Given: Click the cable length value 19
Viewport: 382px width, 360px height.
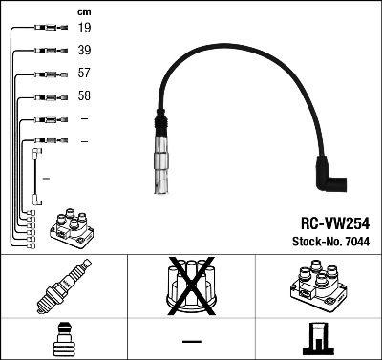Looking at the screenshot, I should [x=84, y=28].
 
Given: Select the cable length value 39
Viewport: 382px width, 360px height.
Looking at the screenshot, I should [x=84, y=50].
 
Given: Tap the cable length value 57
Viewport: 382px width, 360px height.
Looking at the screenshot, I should [x=84, y=73].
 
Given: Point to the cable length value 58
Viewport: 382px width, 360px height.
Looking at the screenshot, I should [x=84, y=96].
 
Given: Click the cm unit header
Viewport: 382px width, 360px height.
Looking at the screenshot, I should [x=84, y=12].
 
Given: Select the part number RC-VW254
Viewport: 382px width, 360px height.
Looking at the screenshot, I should [x=335, y=224].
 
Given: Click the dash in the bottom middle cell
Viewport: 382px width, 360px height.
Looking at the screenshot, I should [x=191, y=341].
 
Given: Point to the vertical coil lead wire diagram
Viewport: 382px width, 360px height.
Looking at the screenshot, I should [x=36, y=177].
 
